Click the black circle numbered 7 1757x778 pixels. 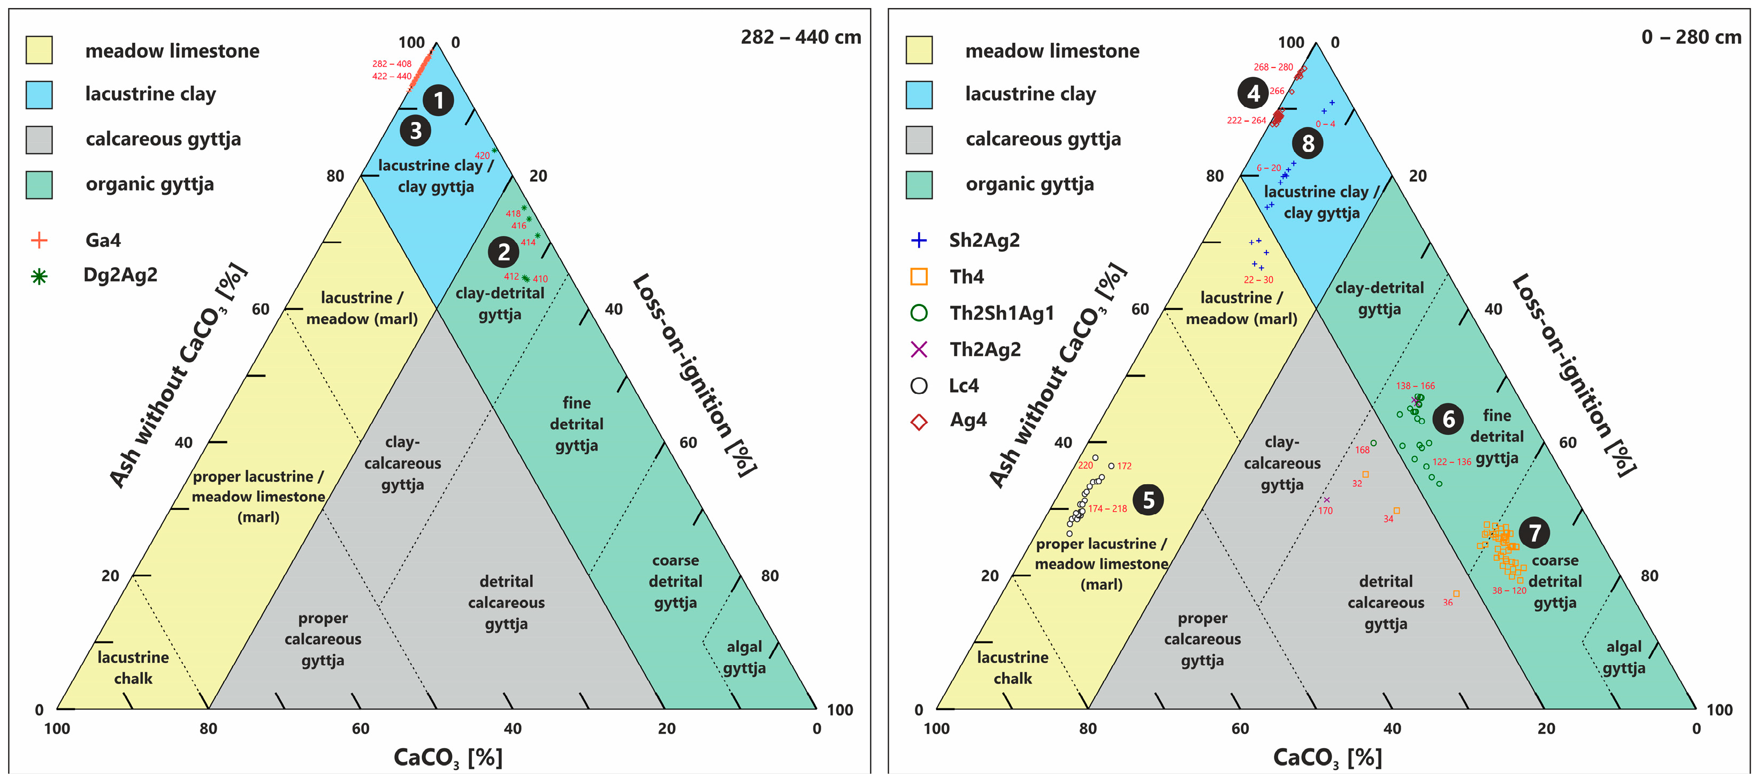pos(1534,532)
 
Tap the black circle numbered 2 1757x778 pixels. pos(503,252)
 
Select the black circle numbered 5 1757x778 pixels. pos(1148,500)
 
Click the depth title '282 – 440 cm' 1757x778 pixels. pos(801,37)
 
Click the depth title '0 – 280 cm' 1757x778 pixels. pos(1691,37)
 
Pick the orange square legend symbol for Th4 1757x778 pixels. pos(919,276)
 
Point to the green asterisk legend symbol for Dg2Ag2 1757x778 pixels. pos(40,276)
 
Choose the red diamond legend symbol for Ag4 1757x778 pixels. pos(919,422)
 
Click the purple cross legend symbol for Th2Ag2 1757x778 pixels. pos(919,349)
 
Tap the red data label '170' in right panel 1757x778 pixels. pos(1325,510)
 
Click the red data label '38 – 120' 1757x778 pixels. pos(1509,591)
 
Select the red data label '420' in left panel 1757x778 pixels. pos(482,156)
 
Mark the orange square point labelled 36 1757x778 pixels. pos(1456,593)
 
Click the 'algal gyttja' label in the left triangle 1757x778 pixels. pos(744,657)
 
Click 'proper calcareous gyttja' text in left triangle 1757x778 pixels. pos(323,639)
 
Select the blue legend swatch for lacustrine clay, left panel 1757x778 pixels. pos(39,95)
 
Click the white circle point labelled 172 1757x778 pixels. pos(1111,466)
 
